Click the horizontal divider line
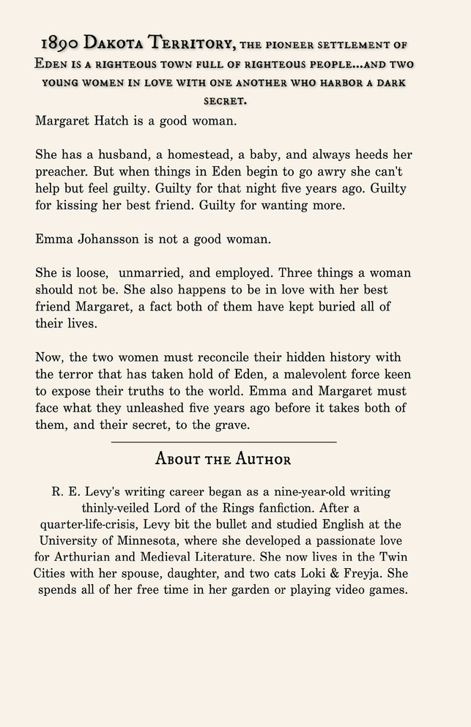[x=223, y=442]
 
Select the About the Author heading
[x=223, y=460]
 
